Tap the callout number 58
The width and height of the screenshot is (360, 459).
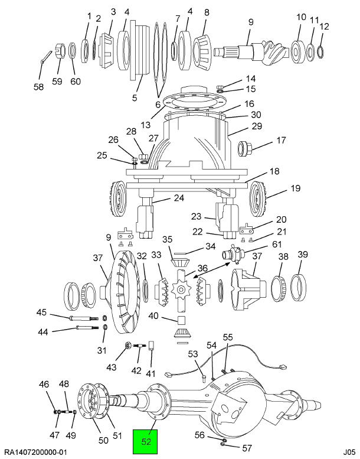tap(39, 86)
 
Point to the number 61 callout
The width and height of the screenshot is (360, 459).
tap(276, 245)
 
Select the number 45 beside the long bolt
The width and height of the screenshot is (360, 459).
tap(42, 312)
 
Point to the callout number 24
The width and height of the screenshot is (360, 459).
tap(162, 198)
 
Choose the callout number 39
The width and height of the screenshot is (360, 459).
tap(302, 255)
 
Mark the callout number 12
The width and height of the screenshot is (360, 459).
tap(323, 26)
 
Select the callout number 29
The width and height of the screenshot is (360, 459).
tap(256, 126)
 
